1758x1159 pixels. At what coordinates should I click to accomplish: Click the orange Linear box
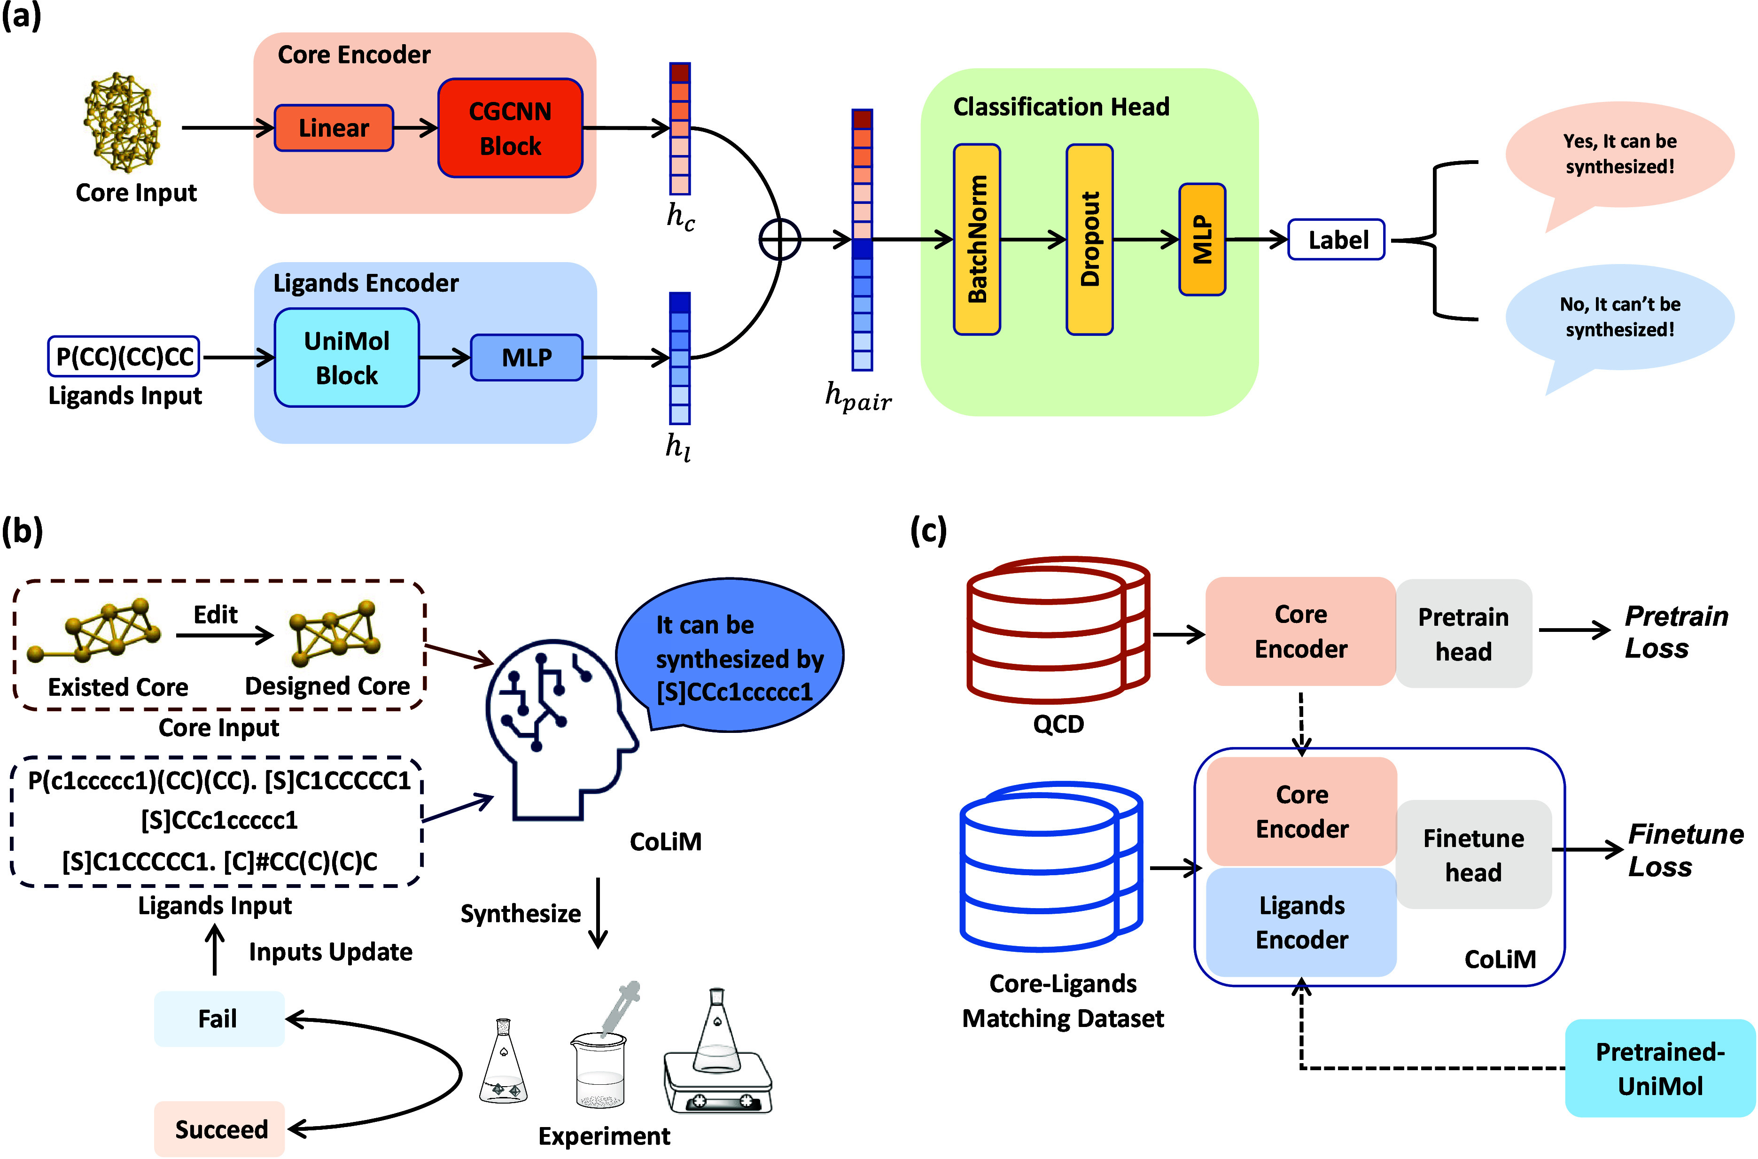click(x=333, y=128)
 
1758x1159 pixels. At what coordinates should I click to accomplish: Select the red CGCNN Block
click(x=510, y=128)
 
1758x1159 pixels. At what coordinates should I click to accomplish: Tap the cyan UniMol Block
click(x=347, y=358)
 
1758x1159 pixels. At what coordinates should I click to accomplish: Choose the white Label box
click(x=1336, y=240)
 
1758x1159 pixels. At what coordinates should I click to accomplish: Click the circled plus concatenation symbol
click(x=779, y=240)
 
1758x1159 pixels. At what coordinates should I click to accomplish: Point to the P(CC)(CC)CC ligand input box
click(x=124, y=357)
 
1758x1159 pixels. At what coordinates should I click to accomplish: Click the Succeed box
click(x=219, y=1128)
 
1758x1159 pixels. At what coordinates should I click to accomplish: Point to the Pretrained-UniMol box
click(x=1660, y=1068)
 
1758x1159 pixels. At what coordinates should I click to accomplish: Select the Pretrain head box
click(x=1463, y=633)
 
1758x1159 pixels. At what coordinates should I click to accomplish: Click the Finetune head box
click(x=1473, y=855)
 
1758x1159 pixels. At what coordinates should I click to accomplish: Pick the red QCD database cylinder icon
click(x=1058, y=629)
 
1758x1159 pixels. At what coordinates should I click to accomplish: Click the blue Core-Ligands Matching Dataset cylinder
click(x=1051, y=865)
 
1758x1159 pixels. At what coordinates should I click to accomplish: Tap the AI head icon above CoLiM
click(x=561, y=728)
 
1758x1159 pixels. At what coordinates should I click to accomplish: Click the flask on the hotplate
click(x=717, y=1050)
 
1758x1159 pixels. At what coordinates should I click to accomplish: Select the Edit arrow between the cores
click(x=225, y=635)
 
